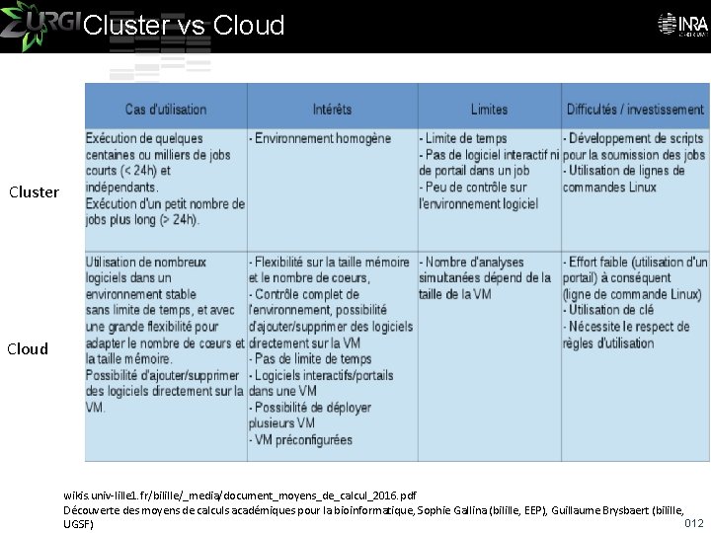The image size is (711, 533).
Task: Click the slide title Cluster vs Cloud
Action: coord(184,26)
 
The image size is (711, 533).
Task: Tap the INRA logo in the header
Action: coord(679,24)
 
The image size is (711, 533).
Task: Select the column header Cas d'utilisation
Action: coord(166,110)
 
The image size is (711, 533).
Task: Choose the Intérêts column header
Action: coord(332,110)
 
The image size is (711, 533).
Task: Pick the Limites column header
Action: coord(489,110)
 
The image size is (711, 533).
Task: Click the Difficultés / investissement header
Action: coord(635,110)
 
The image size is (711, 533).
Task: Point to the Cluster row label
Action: coord(34,192)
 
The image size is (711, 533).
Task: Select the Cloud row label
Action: coord(28,348)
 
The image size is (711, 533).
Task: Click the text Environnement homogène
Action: coord(321,139)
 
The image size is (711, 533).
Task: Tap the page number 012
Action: coord(694,522)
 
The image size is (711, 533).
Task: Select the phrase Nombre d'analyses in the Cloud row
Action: coord(474,262)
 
